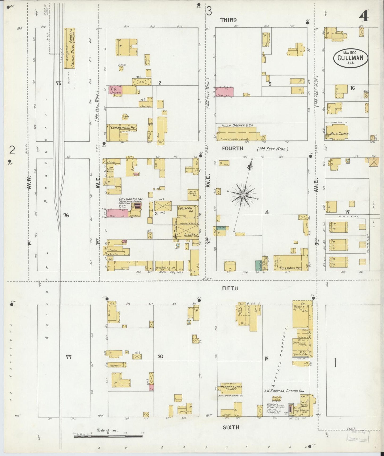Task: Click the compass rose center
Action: (x=243, y=196)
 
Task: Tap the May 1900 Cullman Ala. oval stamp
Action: (x=351, y=57)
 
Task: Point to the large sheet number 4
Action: (x=364, y=16)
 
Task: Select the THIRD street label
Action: (x=228, y=20)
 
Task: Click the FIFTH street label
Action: (x=230, y=288)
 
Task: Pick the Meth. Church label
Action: (x=340, y=134)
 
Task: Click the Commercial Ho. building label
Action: (x=124, y=128)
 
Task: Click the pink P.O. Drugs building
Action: (x=115, y=90)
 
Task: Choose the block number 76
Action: (x=66, y=215)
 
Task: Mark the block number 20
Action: (x=160, y=356)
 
